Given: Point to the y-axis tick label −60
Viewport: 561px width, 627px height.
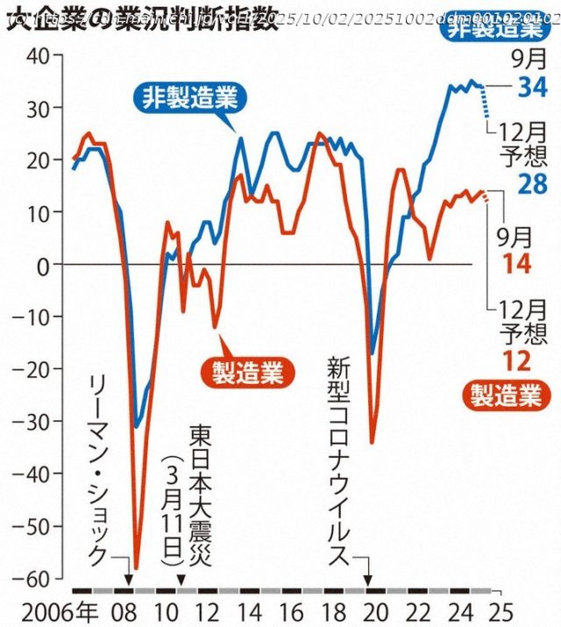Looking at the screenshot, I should [37, 579].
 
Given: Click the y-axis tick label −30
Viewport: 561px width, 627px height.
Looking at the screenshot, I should [37, 422].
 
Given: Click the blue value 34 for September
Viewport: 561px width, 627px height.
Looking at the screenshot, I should [532, 89].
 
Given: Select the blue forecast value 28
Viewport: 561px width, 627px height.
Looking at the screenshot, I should [532, 185].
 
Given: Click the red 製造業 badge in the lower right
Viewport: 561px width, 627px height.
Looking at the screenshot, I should [508, 396].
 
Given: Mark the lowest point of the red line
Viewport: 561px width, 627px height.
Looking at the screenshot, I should [136, 568].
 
